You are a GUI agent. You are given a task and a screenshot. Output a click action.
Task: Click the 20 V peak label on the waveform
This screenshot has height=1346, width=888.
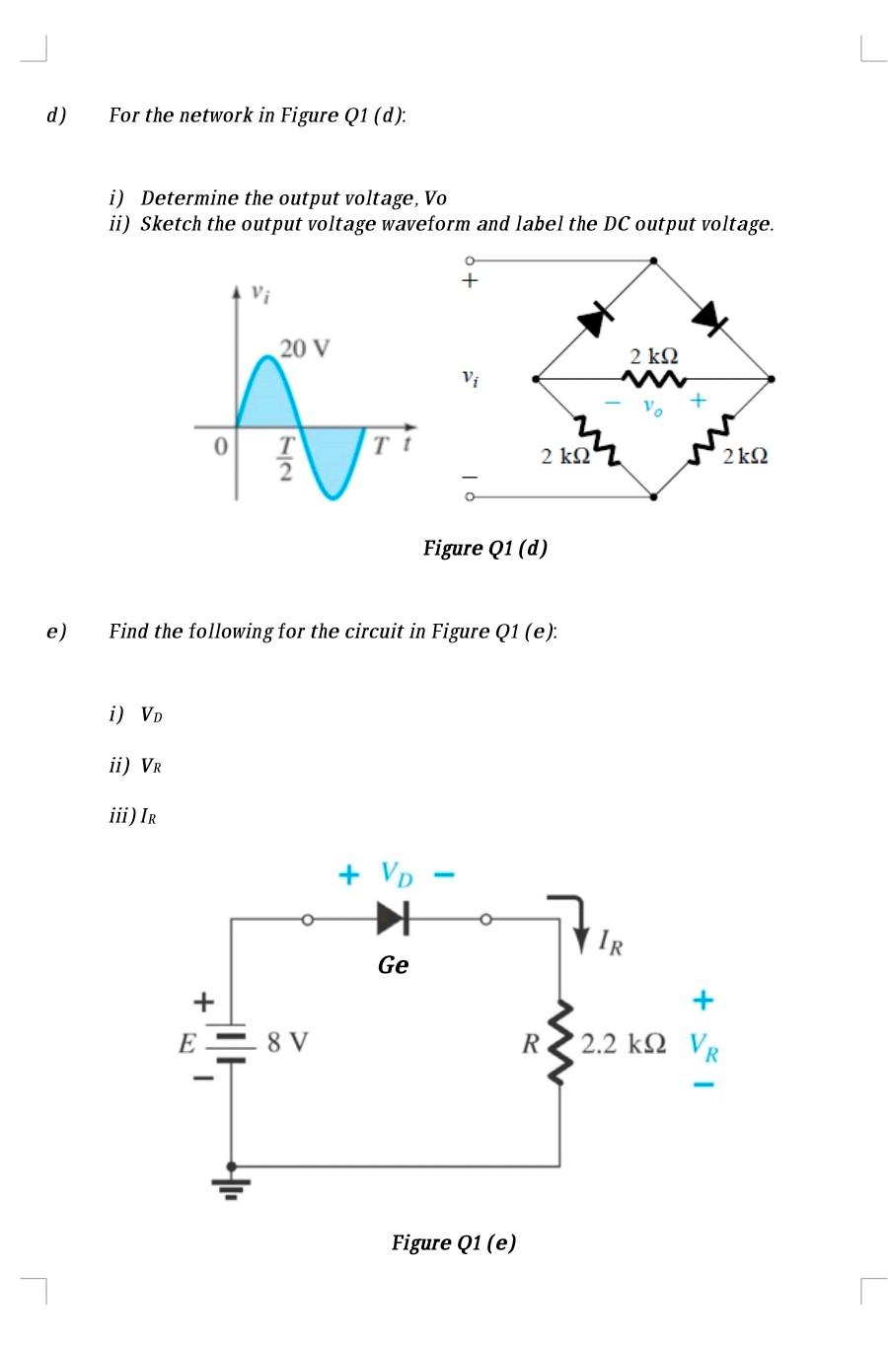(305, 348)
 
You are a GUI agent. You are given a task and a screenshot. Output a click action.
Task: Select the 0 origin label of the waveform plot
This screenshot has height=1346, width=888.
(221, 447)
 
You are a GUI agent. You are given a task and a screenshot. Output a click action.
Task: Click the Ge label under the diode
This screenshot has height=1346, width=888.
(393, 965)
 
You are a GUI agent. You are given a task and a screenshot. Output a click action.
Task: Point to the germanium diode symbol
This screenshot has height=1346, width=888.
(393, 920)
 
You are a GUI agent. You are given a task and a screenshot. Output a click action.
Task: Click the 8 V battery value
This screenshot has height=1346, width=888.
(287, 1042)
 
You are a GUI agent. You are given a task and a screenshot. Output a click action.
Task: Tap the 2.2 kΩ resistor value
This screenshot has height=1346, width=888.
(623, 1043)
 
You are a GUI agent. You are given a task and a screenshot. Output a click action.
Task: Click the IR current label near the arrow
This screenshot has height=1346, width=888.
(610, 943)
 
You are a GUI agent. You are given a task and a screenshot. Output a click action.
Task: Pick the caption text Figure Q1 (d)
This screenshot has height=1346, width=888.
(484, 548)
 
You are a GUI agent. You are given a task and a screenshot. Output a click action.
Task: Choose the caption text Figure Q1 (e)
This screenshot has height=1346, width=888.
(453, 1242)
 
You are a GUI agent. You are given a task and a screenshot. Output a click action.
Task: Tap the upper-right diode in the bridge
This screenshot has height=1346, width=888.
(709, 316)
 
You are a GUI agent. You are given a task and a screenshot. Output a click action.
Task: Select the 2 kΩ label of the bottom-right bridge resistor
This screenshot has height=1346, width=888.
(745, 456)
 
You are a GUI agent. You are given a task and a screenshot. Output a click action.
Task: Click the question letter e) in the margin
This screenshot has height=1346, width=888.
(56, 631)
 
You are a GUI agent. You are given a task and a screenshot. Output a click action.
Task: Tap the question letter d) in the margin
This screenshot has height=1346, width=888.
(56, 115)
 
